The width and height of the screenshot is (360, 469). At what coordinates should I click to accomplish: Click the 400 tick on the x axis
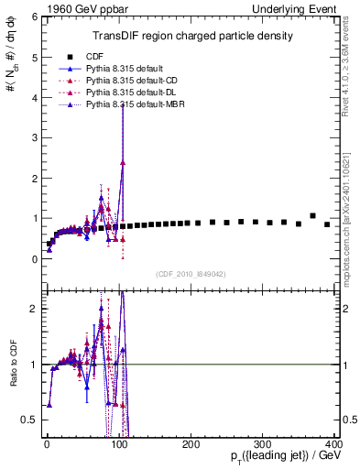(333, 443)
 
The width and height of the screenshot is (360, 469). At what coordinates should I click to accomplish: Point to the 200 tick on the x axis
(191, 443)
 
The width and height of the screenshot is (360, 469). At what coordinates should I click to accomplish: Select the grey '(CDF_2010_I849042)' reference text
(191, 272)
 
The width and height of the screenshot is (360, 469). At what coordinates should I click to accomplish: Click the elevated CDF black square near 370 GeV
(312, 216)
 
